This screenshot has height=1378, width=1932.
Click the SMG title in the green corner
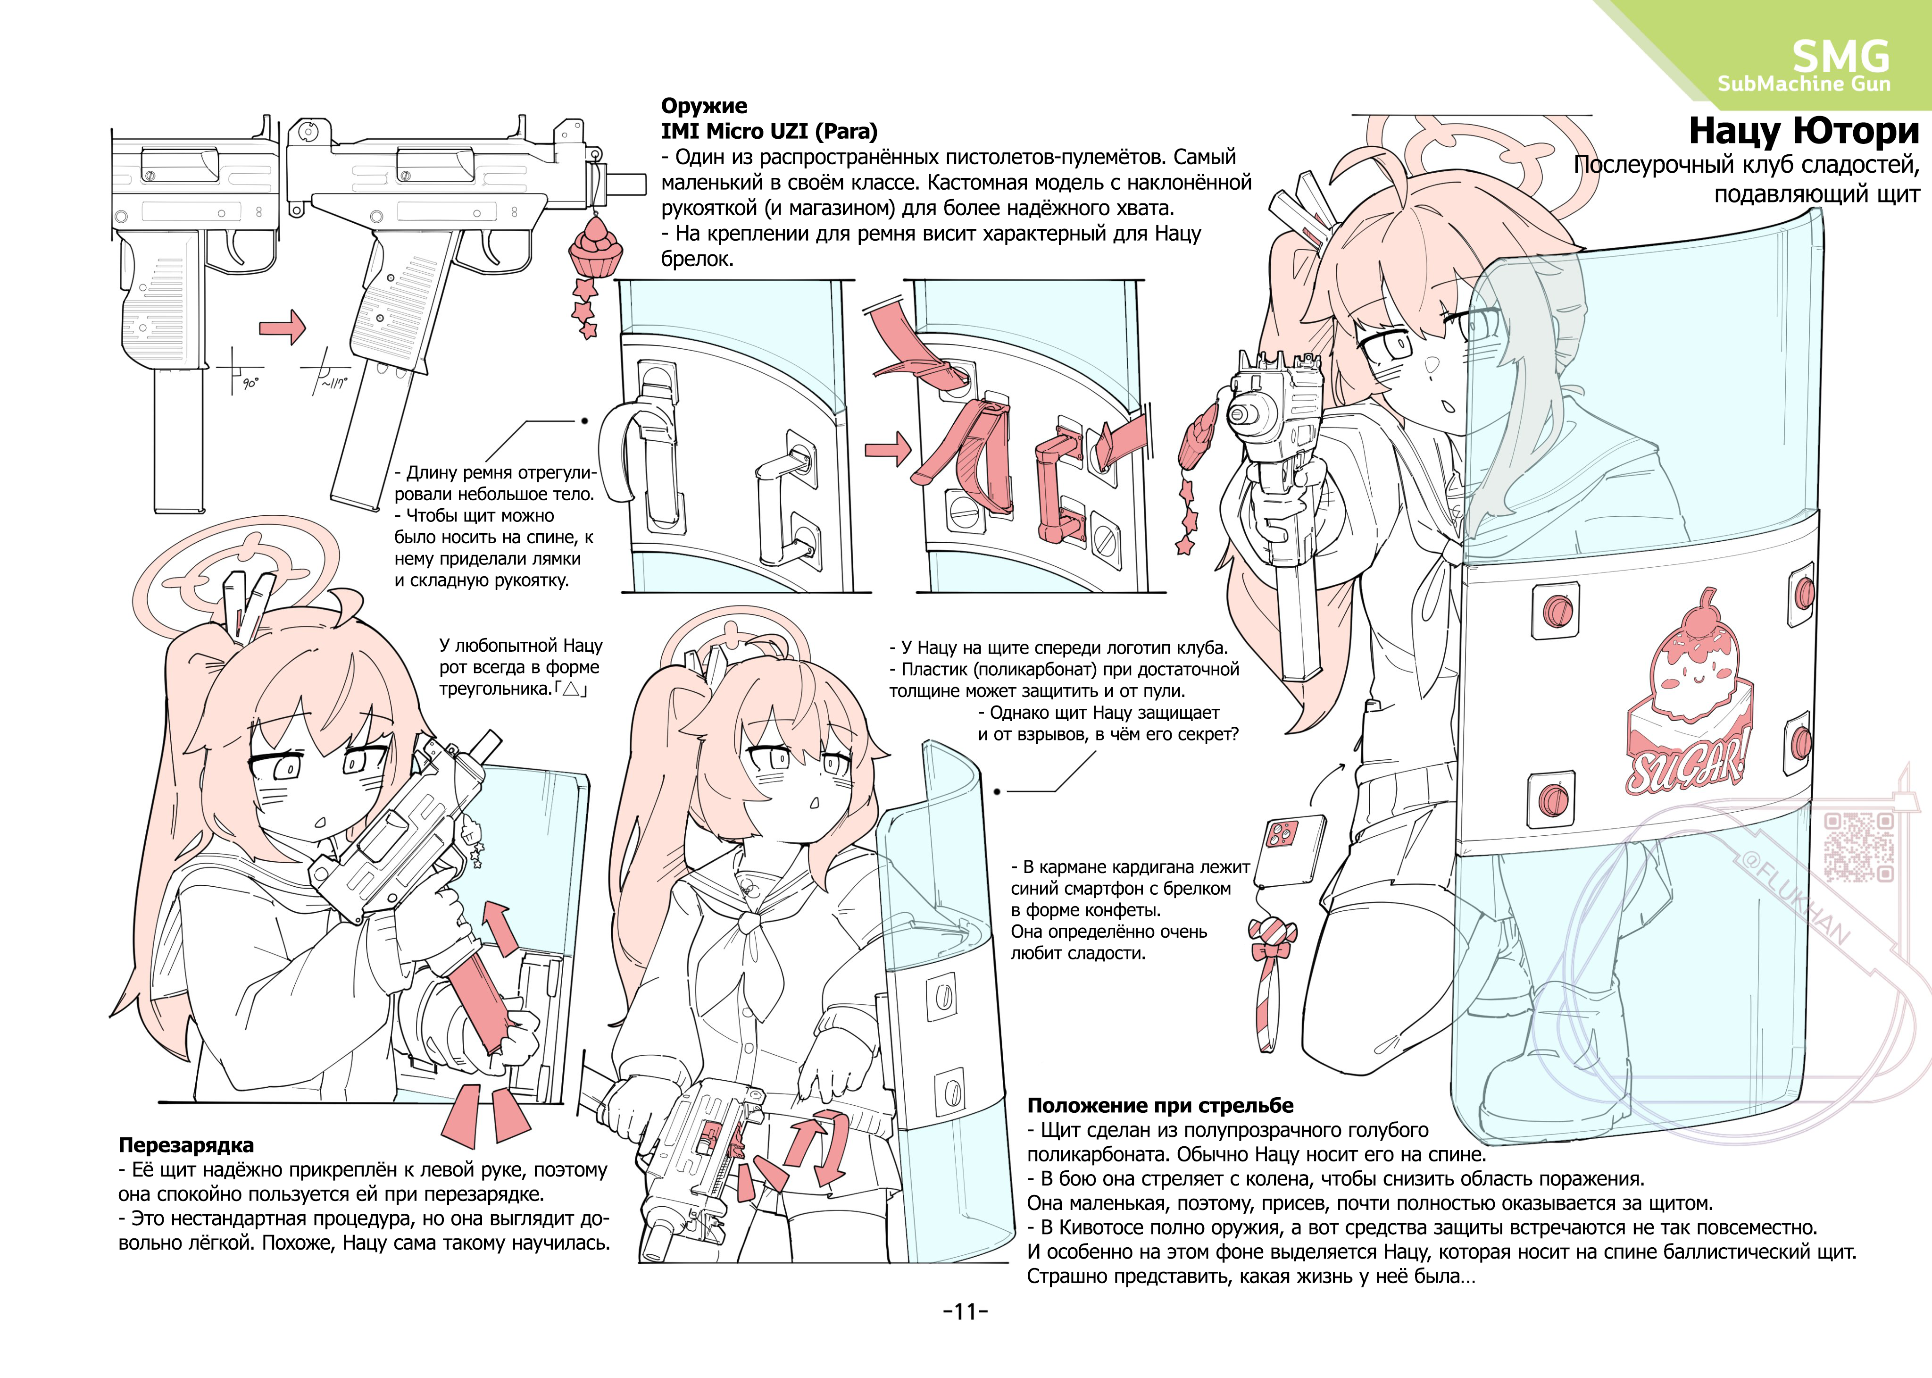pyautogui.click(x=1840, y=57)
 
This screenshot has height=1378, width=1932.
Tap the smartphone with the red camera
pyautogui.click(x=1290, y=851)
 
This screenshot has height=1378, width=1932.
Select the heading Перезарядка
pyautogui.click(x=186, y=1145)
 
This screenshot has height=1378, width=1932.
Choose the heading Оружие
pyautogui.click(x=704, y=106)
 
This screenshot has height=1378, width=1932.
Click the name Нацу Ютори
pyautogui.click(x=1804, y=131)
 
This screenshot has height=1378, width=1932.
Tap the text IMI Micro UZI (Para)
pyautogui.click(x=769, y=132)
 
